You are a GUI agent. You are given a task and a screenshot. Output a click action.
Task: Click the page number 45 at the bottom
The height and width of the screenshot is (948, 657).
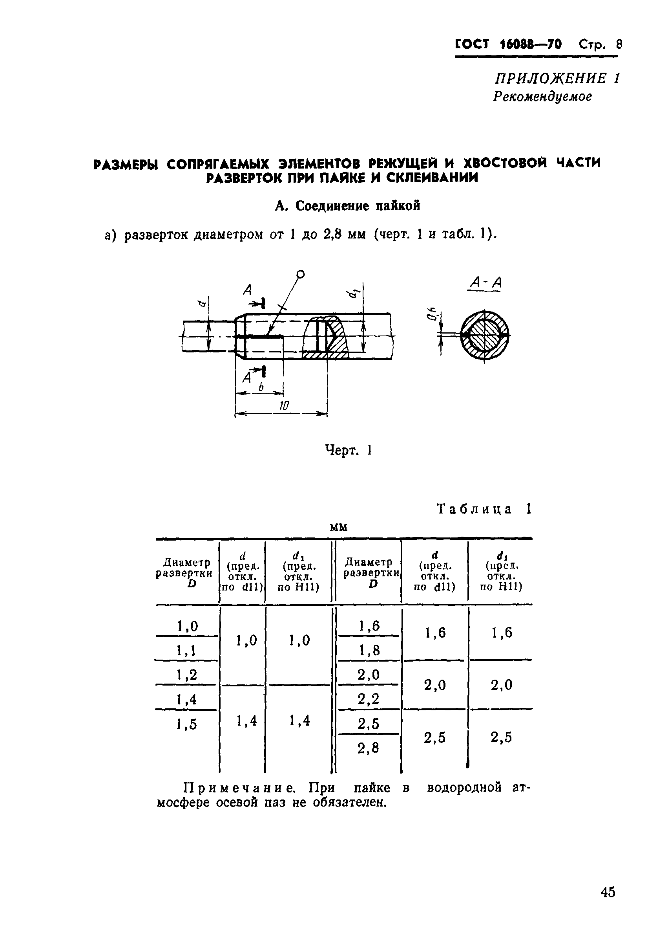(x=608, y=903)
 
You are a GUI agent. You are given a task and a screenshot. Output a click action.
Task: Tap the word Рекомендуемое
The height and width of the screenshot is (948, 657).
(x=542, y=96)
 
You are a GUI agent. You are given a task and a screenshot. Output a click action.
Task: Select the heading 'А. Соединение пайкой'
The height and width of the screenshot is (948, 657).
(x=347, y=205)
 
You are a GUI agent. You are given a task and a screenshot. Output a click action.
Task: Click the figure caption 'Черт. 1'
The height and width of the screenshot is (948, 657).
(x=349, y=449)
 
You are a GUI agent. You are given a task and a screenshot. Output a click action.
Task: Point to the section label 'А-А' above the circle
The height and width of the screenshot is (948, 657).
(x=486, y=282)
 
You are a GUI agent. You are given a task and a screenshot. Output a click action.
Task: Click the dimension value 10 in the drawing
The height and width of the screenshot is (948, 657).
(x=284, y=405)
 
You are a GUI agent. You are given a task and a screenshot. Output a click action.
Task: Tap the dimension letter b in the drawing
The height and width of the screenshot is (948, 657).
(x=261, y=387)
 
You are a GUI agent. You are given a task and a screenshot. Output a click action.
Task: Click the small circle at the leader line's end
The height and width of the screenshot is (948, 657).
(x=301, y=274)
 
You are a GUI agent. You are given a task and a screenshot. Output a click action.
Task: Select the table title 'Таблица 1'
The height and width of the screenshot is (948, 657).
(x=484, y=509)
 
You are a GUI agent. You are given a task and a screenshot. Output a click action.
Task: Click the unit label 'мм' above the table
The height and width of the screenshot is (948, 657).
(x=339, y=527)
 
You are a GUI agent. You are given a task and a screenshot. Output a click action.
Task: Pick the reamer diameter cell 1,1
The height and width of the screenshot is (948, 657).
(x=187, y=650)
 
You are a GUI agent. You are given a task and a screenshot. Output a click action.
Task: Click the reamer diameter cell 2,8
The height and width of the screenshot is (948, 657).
(x=368, y=747)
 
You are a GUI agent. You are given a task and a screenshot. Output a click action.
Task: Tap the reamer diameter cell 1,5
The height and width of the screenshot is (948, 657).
(x=187, y=724)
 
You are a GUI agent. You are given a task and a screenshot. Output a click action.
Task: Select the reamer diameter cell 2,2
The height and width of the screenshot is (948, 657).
(x=368, y=699)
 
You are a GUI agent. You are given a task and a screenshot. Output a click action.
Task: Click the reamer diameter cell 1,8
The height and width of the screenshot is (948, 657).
(x=369, y=650)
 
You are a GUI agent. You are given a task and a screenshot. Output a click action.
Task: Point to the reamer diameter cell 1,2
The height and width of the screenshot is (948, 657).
(x=187, y=675)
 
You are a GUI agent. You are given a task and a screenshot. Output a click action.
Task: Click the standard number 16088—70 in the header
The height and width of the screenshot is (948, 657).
(x=531, y=44)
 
